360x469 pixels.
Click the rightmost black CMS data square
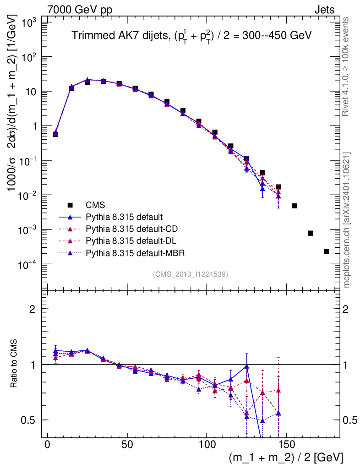[326, 251]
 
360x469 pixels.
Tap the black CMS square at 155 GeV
[295, 206]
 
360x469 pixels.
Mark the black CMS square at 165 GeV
[310, 233]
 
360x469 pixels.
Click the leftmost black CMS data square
[55, 134]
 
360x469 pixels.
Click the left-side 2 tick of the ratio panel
[32, 309]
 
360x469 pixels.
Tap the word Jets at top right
[324, 10]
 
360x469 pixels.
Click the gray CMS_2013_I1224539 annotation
[191, 274]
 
